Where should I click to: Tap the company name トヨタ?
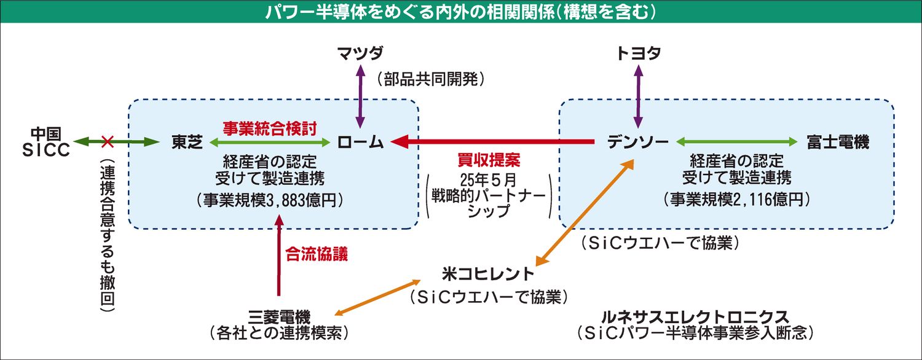click(639, 53)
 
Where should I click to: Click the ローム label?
click(360, 143)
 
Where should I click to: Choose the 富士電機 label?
click(838, 143)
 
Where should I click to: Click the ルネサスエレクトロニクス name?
click(696, 317)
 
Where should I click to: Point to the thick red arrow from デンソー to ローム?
click(492, 143)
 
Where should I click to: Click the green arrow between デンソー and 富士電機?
click(738, 143)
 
